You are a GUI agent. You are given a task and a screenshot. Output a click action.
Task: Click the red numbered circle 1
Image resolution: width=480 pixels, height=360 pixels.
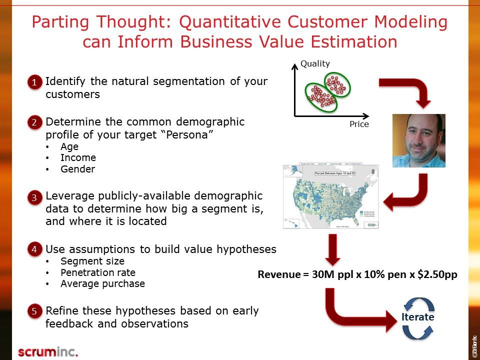click(34, 82)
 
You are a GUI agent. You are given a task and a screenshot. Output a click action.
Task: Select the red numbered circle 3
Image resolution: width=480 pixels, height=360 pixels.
click(34, 197)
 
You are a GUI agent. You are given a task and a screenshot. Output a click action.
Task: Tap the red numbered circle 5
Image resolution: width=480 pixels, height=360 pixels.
click(34, 311)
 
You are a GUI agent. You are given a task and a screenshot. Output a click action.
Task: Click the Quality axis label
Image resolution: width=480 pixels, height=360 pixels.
click(315, 63)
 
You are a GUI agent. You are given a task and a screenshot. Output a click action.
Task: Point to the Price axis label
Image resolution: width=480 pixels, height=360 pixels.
click(359, 124)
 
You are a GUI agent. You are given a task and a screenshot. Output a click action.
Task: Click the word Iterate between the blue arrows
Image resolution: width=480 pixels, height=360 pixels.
click(417, 317)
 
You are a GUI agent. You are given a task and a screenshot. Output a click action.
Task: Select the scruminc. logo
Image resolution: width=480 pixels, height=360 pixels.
click(48, 351)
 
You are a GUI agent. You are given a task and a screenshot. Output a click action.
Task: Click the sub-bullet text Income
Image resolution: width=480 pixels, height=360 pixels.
click(78, 158)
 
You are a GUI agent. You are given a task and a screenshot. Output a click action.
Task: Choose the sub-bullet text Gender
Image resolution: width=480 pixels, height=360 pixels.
click(77, 169)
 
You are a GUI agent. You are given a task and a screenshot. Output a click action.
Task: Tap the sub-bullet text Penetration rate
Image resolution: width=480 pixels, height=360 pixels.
click(98, 272)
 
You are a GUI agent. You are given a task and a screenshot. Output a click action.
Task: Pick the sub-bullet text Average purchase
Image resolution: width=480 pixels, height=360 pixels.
click(102, 284)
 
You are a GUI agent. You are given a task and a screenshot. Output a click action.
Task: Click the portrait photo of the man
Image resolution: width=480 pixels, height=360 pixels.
click(418, 140)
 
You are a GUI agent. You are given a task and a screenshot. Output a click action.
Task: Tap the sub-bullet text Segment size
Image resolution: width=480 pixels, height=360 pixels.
click(92, 261)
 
